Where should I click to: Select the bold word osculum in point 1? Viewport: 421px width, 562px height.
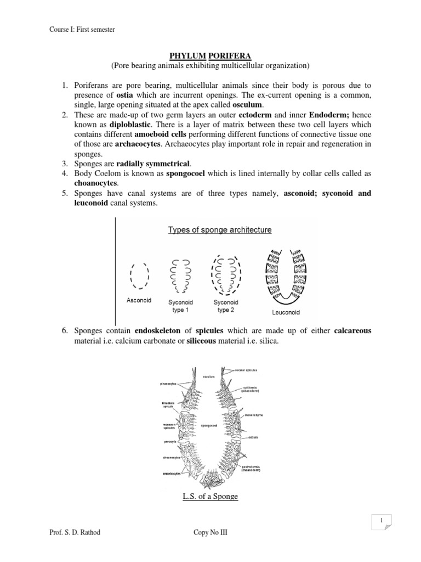pyautogui.click(x=247, y=104)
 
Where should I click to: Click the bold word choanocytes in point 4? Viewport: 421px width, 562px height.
pyautogui.click(x=96, y=183)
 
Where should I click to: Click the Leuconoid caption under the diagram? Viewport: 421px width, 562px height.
pyautogui.click(x=285, y=313)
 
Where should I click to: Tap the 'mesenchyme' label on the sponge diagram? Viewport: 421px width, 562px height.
pyautogui.click(x=254, y=415)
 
